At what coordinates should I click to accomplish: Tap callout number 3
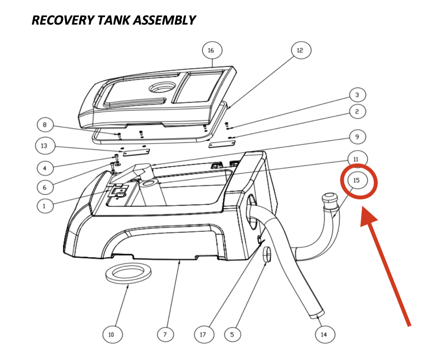(357, 95)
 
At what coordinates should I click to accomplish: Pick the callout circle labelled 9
(357, 137)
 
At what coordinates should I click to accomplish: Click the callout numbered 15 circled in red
(357, 180)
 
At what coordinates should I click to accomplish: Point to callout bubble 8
(45, 125)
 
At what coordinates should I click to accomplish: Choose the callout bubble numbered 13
(44, 146)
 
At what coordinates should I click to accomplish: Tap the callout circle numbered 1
(45, 206)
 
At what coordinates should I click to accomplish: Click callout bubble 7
(165, 334)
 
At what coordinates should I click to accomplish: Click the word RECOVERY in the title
(62, 20)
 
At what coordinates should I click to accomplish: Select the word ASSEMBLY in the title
(164, 20)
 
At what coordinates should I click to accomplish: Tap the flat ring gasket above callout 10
(128, 273)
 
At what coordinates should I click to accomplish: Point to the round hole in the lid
(162, 87)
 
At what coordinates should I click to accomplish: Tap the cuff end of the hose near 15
(329, 199)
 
